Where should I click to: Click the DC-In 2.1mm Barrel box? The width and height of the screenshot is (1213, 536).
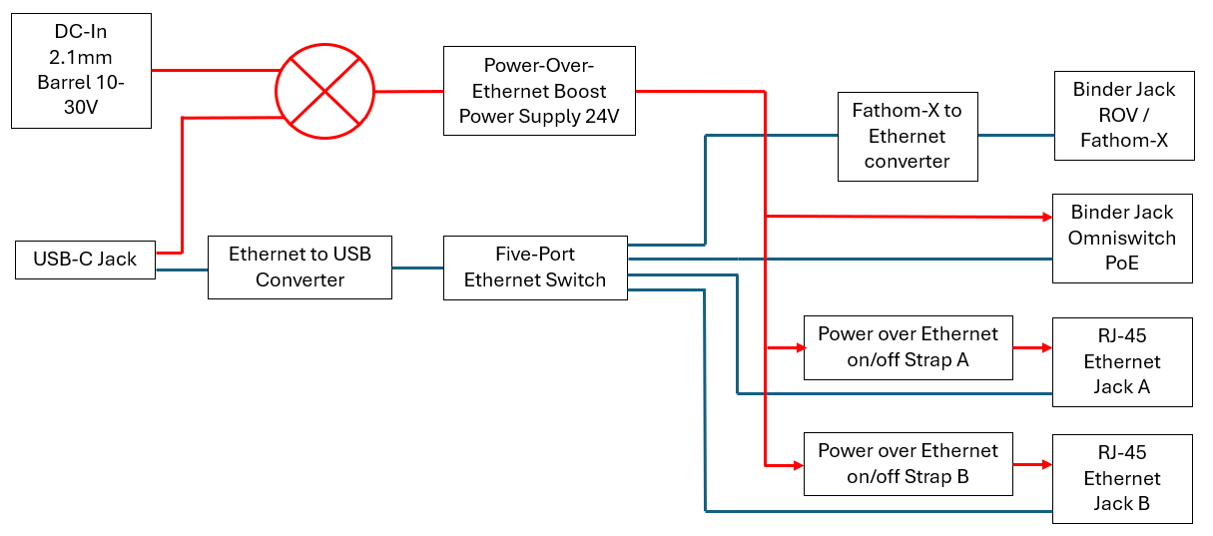[81, 70]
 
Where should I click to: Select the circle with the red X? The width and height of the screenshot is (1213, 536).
[324, 91]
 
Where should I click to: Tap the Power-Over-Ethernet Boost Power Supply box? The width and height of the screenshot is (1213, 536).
[539, 91]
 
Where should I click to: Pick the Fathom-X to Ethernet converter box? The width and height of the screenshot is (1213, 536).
[907, 136]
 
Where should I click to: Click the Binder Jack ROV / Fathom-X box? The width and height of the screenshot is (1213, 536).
[1123, 115]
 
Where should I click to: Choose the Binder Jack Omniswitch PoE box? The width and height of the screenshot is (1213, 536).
[1122, 238]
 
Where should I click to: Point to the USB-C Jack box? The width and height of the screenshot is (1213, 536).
[85, 260]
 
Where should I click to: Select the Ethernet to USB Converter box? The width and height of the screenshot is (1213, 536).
[300, 267]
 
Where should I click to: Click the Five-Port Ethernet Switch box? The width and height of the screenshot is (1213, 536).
[535, 267]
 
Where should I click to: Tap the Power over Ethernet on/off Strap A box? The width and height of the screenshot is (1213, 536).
[908, 347]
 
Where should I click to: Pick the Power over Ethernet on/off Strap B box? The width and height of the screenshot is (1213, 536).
[908, 464]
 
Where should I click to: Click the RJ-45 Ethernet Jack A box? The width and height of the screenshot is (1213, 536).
[1122, 361]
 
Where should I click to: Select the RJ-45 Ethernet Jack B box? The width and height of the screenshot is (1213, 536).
[1122, 478]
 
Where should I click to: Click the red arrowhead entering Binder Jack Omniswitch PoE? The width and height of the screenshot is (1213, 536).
[1047, 217]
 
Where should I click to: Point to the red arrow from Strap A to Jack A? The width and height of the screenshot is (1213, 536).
[1032, 348]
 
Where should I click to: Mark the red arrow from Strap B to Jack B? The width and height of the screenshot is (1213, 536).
[1032, 465]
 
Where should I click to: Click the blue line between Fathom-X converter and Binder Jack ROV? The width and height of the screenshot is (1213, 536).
[1015, 135]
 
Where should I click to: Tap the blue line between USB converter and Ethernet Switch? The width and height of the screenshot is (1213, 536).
[417, 268]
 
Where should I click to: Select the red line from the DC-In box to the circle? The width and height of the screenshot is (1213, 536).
[214, 70]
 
